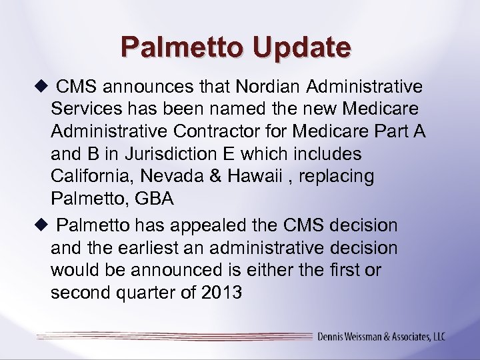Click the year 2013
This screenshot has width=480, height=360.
click(219, 293)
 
